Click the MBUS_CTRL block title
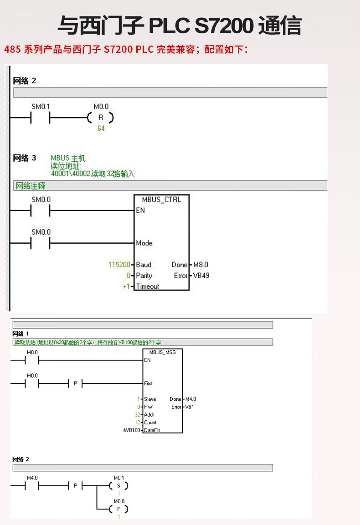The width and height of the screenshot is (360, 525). click(161, 199)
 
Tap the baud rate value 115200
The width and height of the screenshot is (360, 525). click(119, 265)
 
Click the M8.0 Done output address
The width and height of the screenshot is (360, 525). click(201, 265)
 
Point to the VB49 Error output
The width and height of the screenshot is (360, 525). click(201, 275)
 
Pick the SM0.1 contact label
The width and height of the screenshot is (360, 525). click(41, 107)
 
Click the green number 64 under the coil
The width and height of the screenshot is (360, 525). click(101, 129)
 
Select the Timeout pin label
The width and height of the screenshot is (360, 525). click(147, 286)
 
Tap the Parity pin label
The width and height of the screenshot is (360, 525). click(144, 275)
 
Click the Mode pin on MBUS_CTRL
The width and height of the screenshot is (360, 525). click(144, 243)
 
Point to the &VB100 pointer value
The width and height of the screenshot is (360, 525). click(132, 430)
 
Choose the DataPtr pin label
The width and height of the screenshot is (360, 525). click(152, 430)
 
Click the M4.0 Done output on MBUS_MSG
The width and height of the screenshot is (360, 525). click(190, 399)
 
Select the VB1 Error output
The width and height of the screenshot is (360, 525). click(189, 407)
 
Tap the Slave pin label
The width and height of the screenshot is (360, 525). click(150, 399)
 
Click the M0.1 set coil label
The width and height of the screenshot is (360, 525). click(118, 478)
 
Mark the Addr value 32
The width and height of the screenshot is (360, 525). click(137, 415)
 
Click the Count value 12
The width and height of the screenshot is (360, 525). click(137, 423)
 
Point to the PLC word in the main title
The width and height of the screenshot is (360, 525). click(169, 26)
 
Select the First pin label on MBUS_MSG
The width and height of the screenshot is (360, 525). click(149, 383)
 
